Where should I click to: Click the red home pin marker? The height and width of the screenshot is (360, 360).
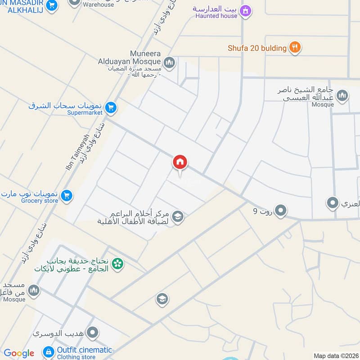[x=180, y=163]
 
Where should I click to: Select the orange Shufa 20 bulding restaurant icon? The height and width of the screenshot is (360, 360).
[x=295, y=47]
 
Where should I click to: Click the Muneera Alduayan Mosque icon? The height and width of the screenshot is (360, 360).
[x=169, y=62]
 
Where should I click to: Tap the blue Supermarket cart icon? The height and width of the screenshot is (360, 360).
[x=111, y=108]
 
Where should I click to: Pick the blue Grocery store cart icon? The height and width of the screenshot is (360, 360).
[x=67, y=195]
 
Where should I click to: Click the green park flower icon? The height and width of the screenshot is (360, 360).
[x=118, y=264]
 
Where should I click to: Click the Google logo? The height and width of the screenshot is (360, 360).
[x=19, y=354]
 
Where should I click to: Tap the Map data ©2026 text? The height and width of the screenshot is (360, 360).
[x=335, y=355]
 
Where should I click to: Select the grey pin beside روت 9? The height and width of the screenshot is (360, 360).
[x=281, y=210]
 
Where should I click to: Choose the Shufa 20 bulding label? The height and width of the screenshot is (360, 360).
[x=257, y=48]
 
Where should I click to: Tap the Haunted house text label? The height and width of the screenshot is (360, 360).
[x=216, y=16]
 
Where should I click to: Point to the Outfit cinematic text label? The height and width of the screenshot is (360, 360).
[x=85, y=350]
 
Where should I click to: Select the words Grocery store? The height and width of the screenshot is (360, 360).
[x=40, y=201]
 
